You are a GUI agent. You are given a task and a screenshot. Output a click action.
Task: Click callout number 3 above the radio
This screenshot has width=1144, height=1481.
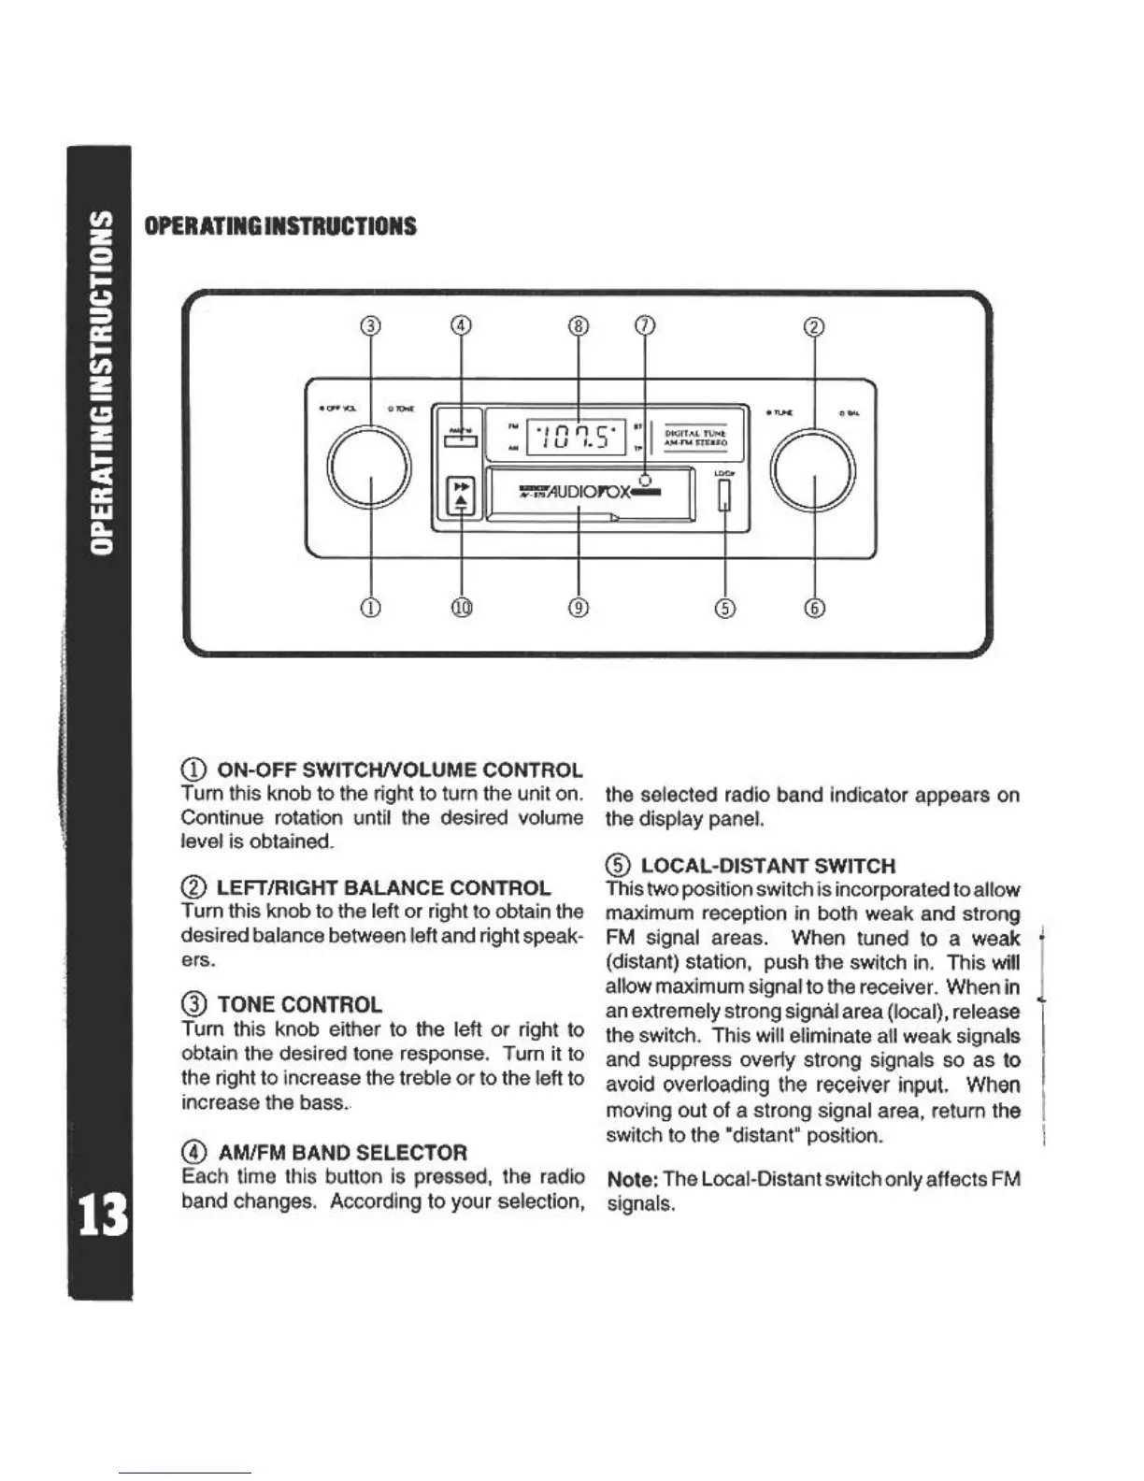(372, 325)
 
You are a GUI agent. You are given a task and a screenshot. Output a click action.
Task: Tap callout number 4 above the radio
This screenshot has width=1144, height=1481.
(462, 325)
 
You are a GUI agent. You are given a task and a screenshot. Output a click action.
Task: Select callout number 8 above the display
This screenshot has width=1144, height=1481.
(579, 325)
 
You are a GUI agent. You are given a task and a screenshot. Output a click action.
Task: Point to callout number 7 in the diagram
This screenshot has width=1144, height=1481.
(644, 325)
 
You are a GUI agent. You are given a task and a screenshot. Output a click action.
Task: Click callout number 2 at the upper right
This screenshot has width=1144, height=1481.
(815, 325)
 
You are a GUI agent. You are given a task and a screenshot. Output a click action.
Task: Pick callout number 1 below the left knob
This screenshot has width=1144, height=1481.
(372, 608)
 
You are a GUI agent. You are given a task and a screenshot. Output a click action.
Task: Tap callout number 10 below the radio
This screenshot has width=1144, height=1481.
(462, 608)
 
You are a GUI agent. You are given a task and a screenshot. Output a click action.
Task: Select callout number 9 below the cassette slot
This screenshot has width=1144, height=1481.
(579, 608)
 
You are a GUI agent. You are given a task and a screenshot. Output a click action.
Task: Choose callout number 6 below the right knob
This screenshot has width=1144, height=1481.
(815, 608)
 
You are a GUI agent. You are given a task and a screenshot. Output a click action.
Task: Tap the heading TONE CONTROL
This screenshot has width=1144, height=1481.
(299, 1005)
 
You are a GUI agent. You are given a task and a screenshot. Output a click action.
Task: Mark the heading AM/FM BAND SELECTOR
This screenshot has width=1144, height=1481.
(342, 1153)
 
